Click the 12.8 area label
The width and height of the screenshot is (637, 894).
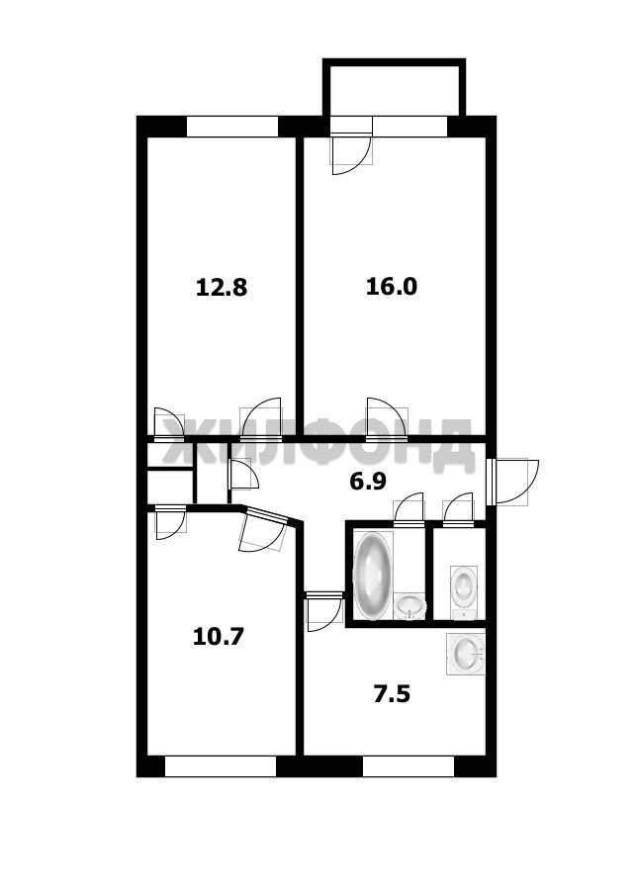[222, 287]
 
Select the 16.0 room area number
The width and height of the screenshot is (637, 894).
[392, 286]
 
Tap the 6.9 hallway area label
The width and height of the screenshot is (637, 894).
[368, 482]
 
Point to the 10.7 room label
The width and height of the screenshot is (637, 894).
[219, 636]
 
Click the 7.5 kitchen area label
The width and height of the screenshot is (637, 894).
[392, 694]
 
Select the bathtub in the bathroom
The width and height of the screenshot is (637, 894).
[372, 576]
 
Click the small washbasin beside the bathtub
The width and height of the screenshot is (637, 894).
[410, 606]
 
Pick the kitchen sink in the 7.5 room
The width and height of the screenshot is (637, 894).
[466, 654]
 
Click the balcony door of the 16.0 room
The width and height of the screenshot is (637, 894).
[352, 144]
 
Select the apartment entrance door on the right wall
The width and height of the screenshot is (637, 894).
[512, 482]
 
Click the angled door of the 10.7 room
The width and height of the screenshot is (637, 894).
[264, 531]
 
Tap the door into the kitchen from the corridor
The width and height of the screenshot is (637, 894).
[323, 611]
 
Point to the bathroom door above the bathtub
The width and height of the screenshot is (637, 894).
[409, 508]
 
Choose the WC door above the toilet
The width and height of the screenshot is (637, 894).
[458, 508]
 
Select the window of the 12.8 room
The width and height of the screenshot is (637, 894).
[232, 127]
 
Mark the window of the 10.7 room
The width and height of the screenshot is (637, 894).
[221, 766]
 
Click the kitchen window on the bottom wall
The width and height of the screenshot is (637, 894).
[409, 766]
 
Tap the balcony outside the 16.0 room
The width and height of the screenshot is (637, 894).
[394, 87]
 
